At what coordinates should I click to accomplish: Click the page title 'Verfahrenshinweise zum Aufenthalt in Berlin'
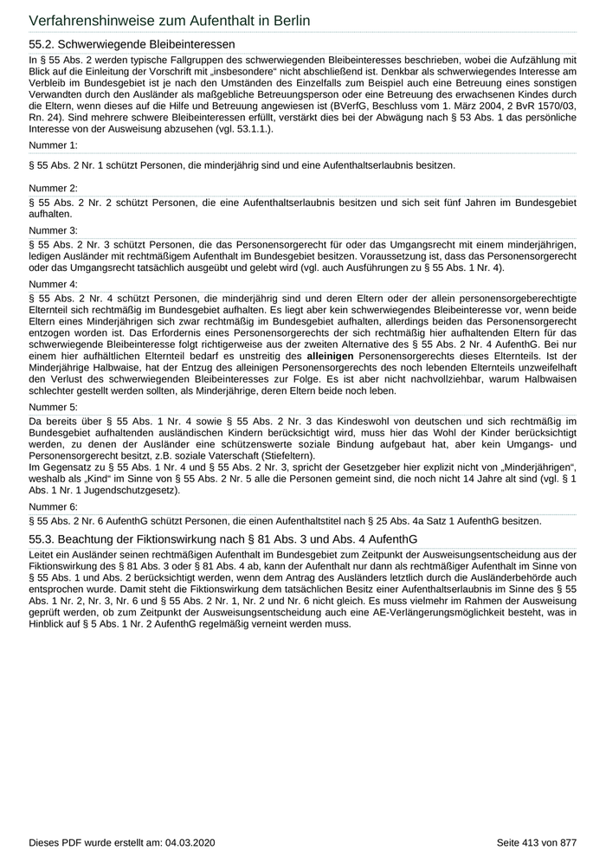[x=170, y=20]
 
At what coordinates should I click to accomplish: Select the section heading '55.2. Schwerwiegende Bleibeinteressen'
[x=132, y=43]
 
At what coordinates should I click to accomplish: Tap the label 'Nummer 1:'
[x=53, y=145]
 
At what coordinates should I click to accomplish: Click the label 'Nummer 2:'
[x=53, y=188]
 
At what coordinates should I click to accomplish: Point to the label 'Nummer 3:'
[x=53, y=230]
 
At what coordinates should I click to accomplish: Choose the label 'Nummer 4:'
[x=53, y=284]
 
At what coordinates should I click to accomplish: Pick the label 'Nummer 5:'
[x=53, y=406]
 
